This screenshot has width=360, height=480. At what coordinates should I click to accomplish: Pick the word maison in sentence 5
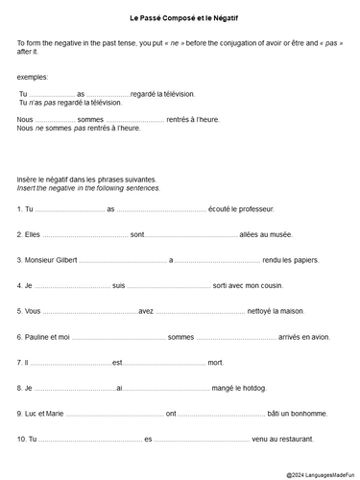(x=295, y=311)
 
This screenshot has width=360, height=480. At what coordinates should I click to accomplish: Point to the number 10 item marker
(x=22, y=439)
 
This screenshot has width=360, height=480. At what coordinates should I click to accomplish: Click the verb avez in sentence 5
(x=146, y=311)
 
